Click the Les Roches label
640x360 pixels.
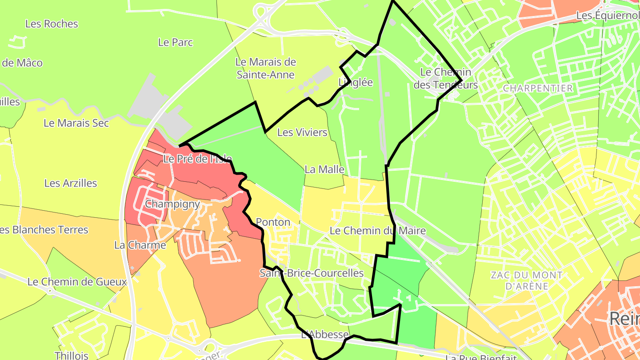[x=52, y=24]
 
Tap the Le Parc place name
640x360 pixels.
[x=176, y=43]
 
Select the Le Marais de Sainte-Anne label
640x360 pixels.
[x=266, y=68]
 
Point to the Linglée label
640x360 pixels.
[x=356, y=82]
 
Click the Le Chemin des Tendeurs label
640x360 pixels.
[x=445, y=78]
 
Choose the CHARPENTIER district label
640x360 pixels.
[x=538, y=88]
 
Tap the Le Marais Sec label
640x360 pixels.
[x=76, y=123]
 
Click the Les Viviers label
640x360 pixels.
[x=302, y=132]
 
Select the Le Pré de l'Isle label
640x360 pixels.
[x=197, y=159]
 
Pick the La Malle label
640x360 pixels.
[x=324, y=169]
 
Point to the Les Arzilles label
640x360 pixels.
[x=71, y=183]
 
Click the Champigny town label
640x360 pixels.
[x=172, y=204]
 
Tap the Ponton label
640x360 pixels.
[x=273, y=222]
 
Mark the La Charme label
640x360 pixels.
[x=140, y=245]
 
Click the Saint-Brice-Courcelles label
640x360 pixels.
[x=312, y=273]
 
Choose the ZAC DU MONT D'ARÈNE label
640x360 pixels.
[x=527, y=280]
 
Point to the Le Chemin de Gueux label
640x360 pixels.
[x=77, y=282]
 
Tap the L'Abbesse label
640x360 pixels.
[x=325, y=335]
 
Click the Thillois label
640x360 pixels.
[x=72, y=356]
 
